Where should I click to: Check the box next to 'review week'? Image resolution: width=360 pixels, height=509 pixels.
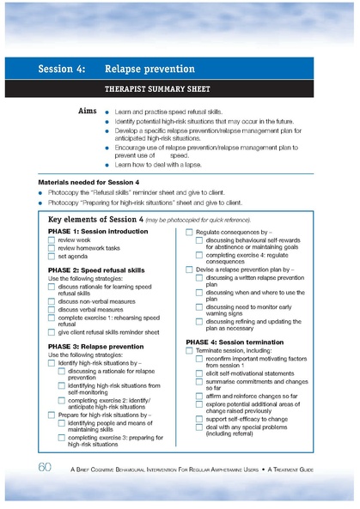point(52,241)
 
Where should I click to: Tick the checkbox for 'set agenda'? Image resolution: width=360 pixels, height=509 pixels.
point(52,256)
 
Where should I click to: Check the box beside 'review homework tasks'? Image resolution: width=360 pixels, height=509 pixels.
point(52,249)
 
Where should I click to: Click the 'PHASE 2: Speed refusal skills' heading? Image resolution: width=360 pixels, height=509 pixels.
point(98,270)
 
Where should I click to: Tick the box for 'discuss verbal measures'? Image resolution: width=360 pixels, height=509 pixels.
point(52,310)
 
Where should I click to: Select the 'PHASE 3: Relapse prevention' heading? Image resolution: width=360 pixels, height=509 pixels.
point(96,347)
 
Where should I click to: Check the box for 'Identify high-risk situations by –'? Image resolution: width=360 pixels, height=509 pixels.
point(52,363)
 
